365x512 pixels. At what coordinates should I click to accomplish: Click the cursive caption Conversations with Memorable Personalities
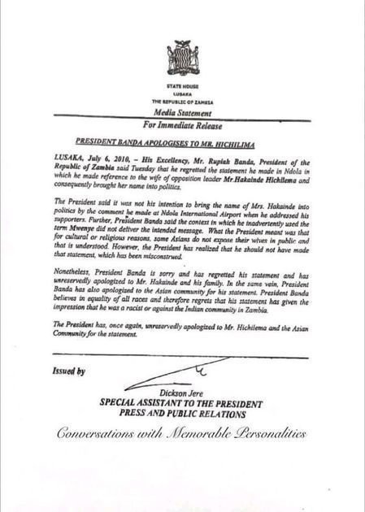pyautogui.click(x=182, y=434)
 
